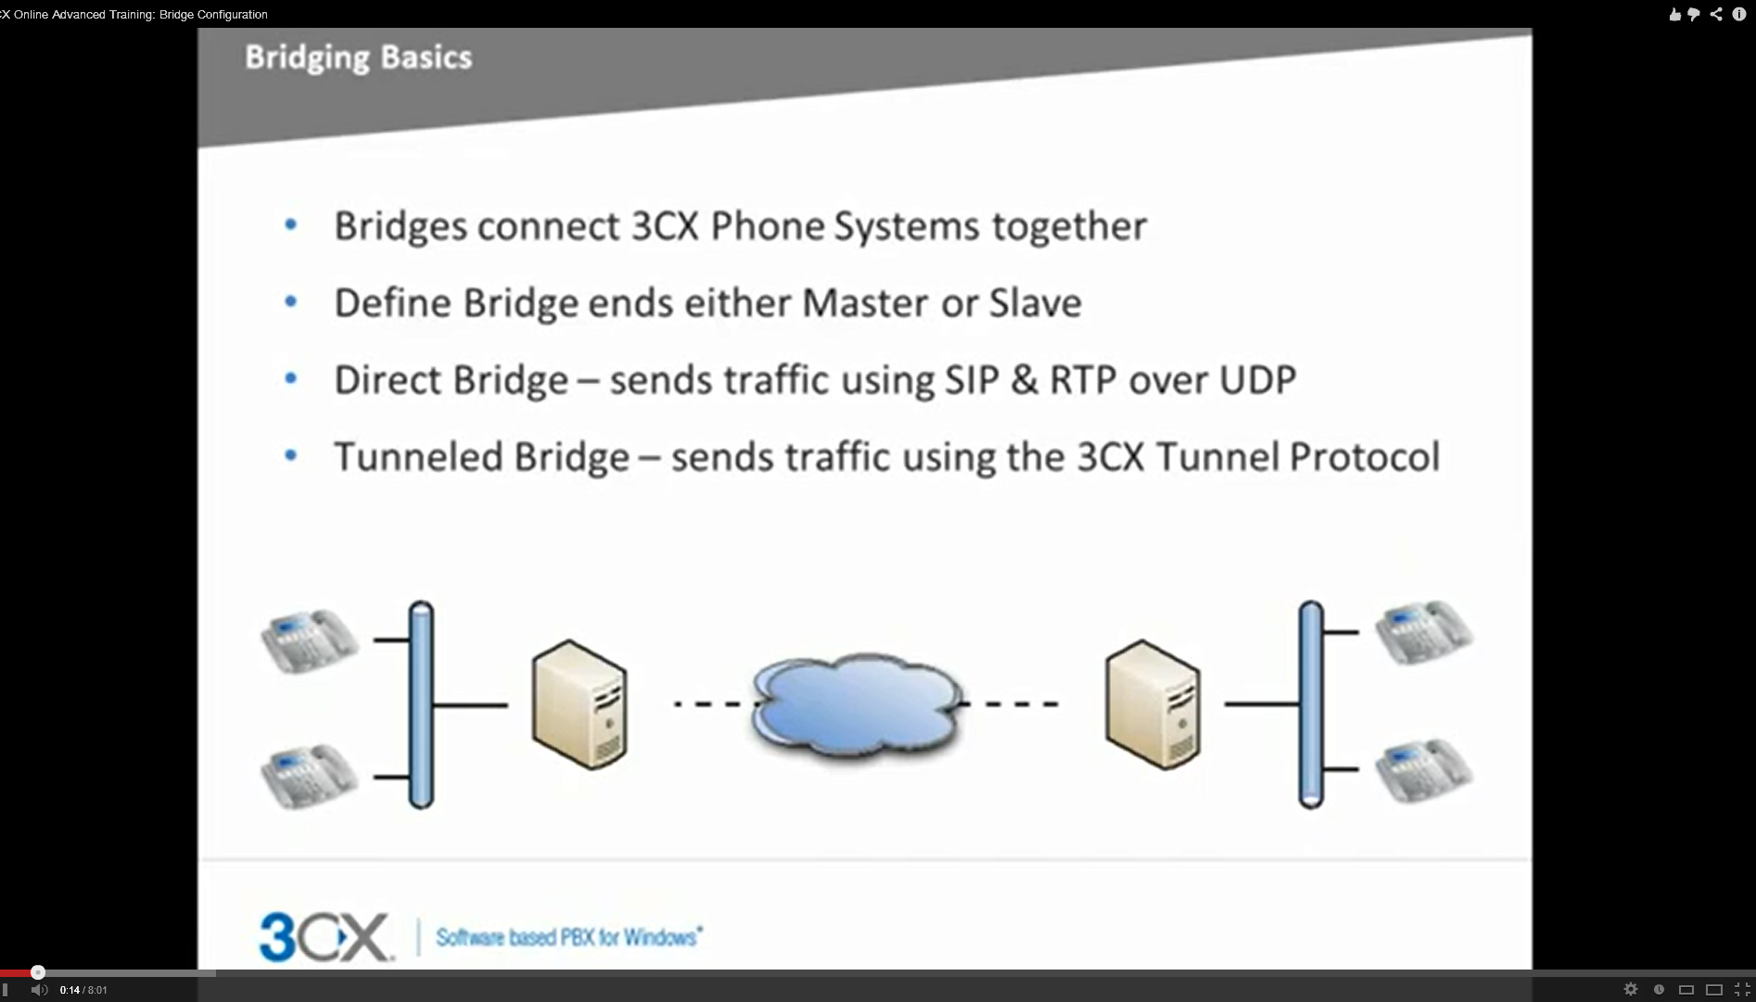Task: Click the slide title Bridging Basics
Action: [x=359, y=58]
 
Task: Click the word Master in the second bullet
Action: [x=865, y=302]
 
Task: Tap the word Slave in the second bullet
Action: [x=1036, y=302]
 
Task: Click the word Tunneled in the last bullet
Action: [x=417, y=456]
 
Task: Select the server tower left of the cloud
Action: [x=579, y=704]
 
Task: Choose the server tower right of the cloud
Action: [x=1152, y=704]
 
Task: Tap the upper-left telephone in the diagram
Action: [x=310, y=640]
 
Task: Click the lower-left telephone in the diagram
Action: [x=310, y=777]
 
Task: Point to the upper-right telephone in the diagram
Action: [x=1423, y=633]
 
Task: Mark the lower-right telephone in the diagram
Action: [x=1423, y=770]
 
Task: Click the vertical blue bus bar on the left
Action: [x=421, y=705]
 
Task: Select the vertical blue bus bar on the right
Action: [x=1311, y=705]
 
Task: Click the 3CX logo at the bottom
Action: [x=325, y=937]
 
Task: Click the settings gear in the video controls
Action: [x=1631, y=989]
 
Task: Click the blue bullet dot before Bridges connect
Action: [x=291, y=225]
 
